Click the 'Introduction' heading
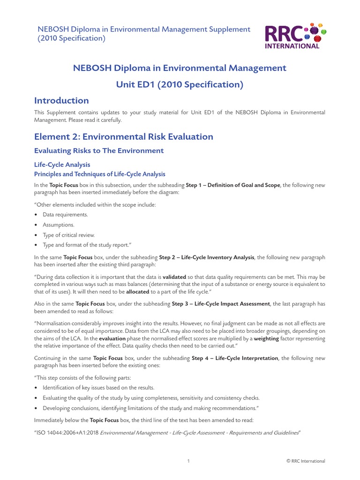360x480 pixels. (61, 100)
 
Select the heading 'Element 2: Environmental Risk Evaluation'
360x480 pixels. (124, 136)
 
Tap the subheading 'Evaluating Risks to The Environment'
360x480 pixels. (99, 150)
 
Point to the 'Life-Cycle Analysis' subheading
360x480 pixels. (62, 165)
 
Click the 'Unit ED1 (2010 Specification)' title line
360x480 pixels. (180, 84)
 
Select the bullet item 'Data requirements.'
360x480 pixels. (65, 214)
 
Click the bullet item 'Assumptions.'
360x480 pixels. (59, 225)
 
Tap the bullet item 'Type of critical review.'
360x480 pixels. (68, 235)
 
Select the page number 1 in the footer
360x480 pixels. (188, 461)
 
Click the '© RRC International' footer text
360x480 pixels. (306, 461)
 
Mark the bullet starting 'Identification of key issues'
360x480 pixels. (98, 388)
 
